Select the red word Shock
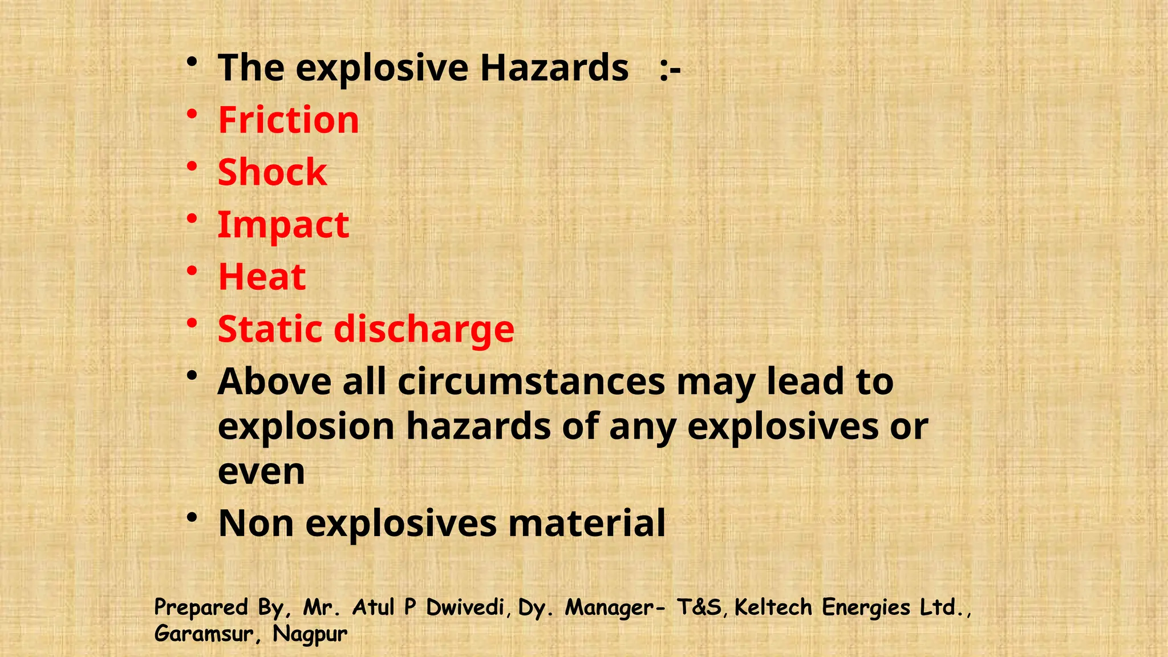pos(273,172)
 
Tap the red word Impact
pos(283,225)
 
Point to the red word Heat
pos(262,277)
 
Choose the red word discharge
pos(424,330)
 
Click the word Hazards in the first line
pos(554,68)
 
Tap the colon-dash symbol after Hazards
pos(670,69)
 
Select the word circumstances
pos(532,382)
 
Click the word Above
pos(274,382)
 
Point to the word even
pos(261,472)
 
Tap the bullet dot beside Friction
pos(192,114)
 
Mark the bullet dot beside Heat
pos(192,271)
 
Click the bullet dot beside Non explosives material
pos(192,517)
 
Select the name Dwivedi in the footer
pos(465,607)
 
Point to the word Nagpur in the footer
pos(310,634)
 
